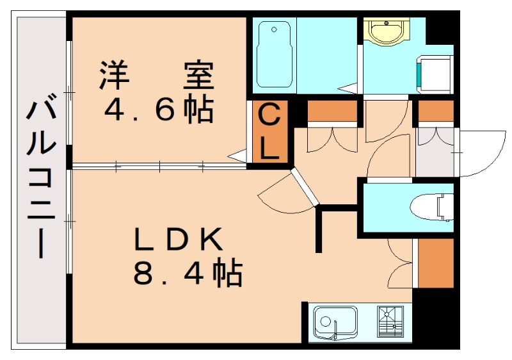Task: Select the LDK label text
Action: click(x=178, y=240)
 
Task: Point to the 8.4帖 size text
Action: click(x=187, y=275)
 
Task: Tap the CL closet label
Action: click(x=269, y=133)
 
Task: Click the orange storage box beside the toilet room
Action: click(x=435, y=263)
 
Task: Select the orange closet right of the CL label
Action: click(x=332, y=111)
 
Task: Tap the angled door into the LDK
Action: click(x=303, y=186)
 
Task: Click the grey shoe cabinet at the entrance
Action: click(x=435, y=151)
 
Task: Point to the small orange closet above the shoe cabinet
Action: click(x=435, y=111)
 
